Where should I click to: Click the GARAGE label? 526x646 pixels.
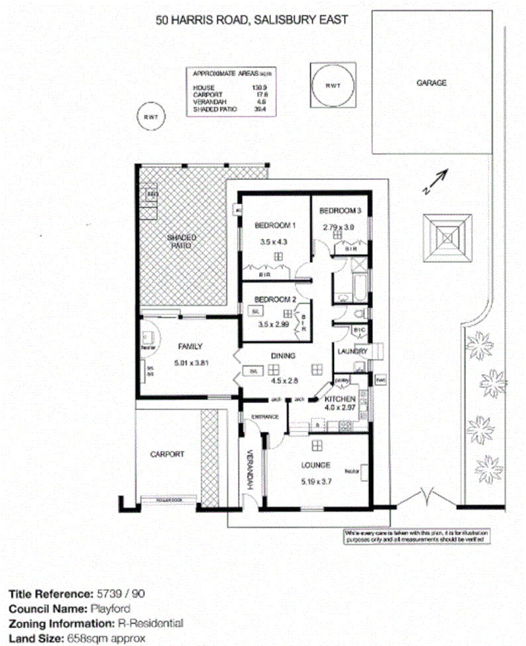point(431,83)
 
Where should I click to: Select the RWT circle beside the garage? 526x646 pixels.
point(332,86)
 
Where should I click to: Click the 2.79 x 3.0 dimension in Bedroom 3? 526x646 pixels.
point(339,226)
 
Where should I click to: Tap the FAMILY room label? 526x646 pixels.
point(189,346)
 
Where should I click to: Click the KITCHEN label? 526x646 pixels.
point(341,400)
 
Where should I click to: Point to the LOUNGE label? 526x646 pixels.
point(315,465)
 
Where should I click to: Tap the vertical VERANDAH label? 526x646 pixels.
point(251,470)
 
